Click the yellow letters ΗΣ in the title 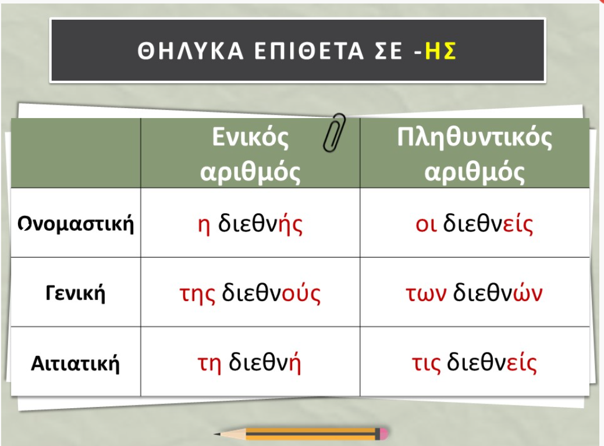[440, 51]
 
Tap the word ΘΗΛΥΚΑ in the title [191, 51]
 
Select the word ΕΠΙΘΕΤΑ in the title [310, 51]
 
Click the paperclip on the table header [334, 132]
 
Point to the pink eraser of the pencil [383, 434]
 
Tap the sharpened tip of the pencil [216, 434]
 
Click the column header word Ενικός [250, 137]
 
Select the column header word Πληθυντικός [475, 137]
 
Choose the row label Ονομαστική [76, 223]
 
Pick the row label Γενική [75, 293]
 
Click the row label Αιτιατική [75, 363]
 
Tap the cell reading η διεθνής [250, 223]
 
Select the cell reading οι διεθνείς [475, 223]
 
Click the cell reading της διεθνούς [250, 293]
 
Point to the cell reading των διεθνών [475, 293]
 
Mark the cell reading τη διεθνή [249, 363]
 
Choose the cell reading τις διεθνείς [475, 363]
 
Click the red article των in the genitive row [426, 294]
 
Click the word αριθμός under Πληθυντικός [475, 172]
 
